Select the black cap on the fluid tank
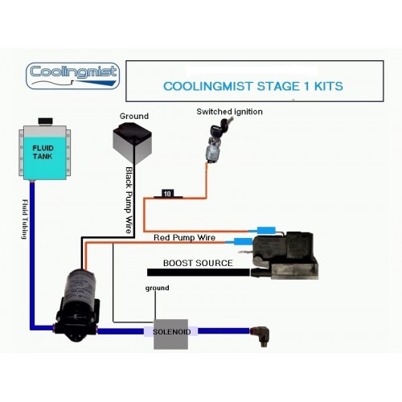pos(45,121)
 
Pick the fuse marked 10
pos(166,193)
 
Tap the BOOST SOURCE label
pos(198,263)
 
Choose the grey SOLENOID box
pos(170,331)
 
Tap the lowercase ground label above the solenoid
pos(157,288)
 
